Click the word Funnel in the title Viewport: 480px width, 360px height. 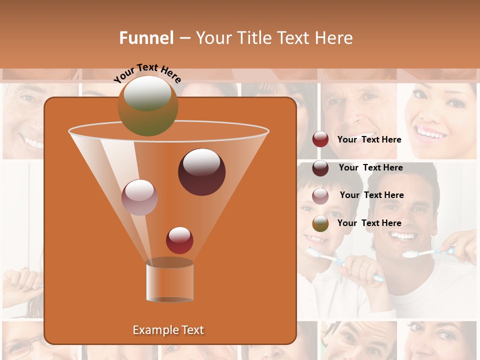pyautogui.click(x=146, y=38)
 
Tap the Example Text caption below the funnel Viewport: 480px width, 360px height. pyautogui.click(x=168, y=330)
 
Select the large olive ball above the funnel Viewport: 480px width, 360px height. pyautogui.click(x=148, y=105)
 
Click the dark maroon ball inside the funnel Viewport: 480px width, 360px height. pyautogui.click(x=201, y=172)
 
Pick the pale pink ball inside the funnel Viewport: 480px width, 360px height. pyautogui.click(x=140, y=197)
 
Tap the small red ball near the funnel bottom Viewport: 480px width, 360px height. pyautogui.click(x=179, y=240)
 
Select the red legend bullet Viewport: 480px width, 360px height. pyautogui.click(x=320, y=139)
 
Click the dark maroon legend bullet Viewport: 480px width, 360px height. pyautogui.click(x=320, y=168)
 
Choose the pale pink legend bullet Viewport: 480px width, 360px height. pyautogui.click(x=320, y=195)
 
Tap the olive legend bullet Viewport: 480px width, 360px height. pyautogui.click(x=320, y=223)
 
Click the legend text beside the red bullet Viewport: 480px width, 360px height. pyautogui.click(x=369, y=139)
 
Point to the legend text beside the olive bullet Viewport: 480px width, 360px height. pyautogui.click(x=369, y=223)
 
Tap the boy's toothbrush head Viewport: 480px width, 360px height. pyautogui.click(x=313, y=252)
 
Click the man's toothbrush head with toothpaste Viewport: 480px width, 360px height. pyautogui.click(x=410, y=254)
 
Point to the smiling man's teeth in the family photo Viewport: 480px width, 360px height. pyautogui.click(x=403, y=235)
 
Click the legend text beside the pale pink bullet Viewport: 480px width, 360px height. pyautogui.click(x=371, y=195)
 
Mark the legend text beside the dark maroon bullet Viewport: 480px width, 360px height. pyautogui.click(x=370, y=167)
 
